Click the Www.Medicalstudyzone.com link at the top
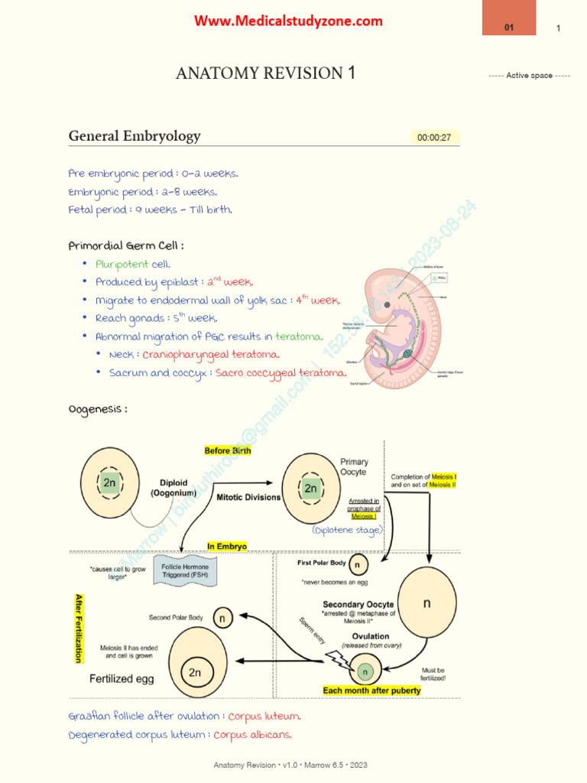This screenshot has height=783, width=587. (x=288, y=21)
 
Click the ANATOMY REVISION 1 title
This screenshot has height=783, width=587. (x=265, y=73)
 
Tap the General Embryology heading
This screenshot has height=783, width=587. (x=135, y=136)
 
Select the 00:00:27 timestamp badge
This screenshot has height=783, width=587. (x=434, y=138)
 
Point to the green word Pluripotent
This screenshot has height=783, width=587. (x=122, y=264)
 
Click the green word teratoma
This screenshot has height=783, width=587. (x=299, y=336)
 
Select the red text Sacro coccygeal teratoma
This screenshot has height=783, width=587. (x=281, y=372)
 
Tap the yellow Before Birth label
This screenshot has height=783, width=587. (x=227, y=451)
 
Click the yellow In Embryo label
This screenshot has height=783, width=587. (x=227, y=547)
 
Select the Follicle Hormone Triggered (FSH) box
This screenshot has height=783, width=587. (x=185, y=572)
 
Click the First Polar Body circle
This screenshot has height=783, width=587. (x=358, y=565)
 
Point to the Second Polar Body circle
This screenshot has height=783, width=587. (x=222, y=618)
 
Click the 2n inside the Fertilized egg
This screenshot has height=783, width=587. (x=196, y=673)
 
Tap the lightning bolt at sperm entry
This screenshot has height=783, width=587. (x=334, y=659)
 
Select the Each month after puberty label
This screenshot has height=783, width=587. (x=371, y=690)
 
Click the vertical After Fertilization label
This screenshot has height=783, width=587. (x=77, y=627)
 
